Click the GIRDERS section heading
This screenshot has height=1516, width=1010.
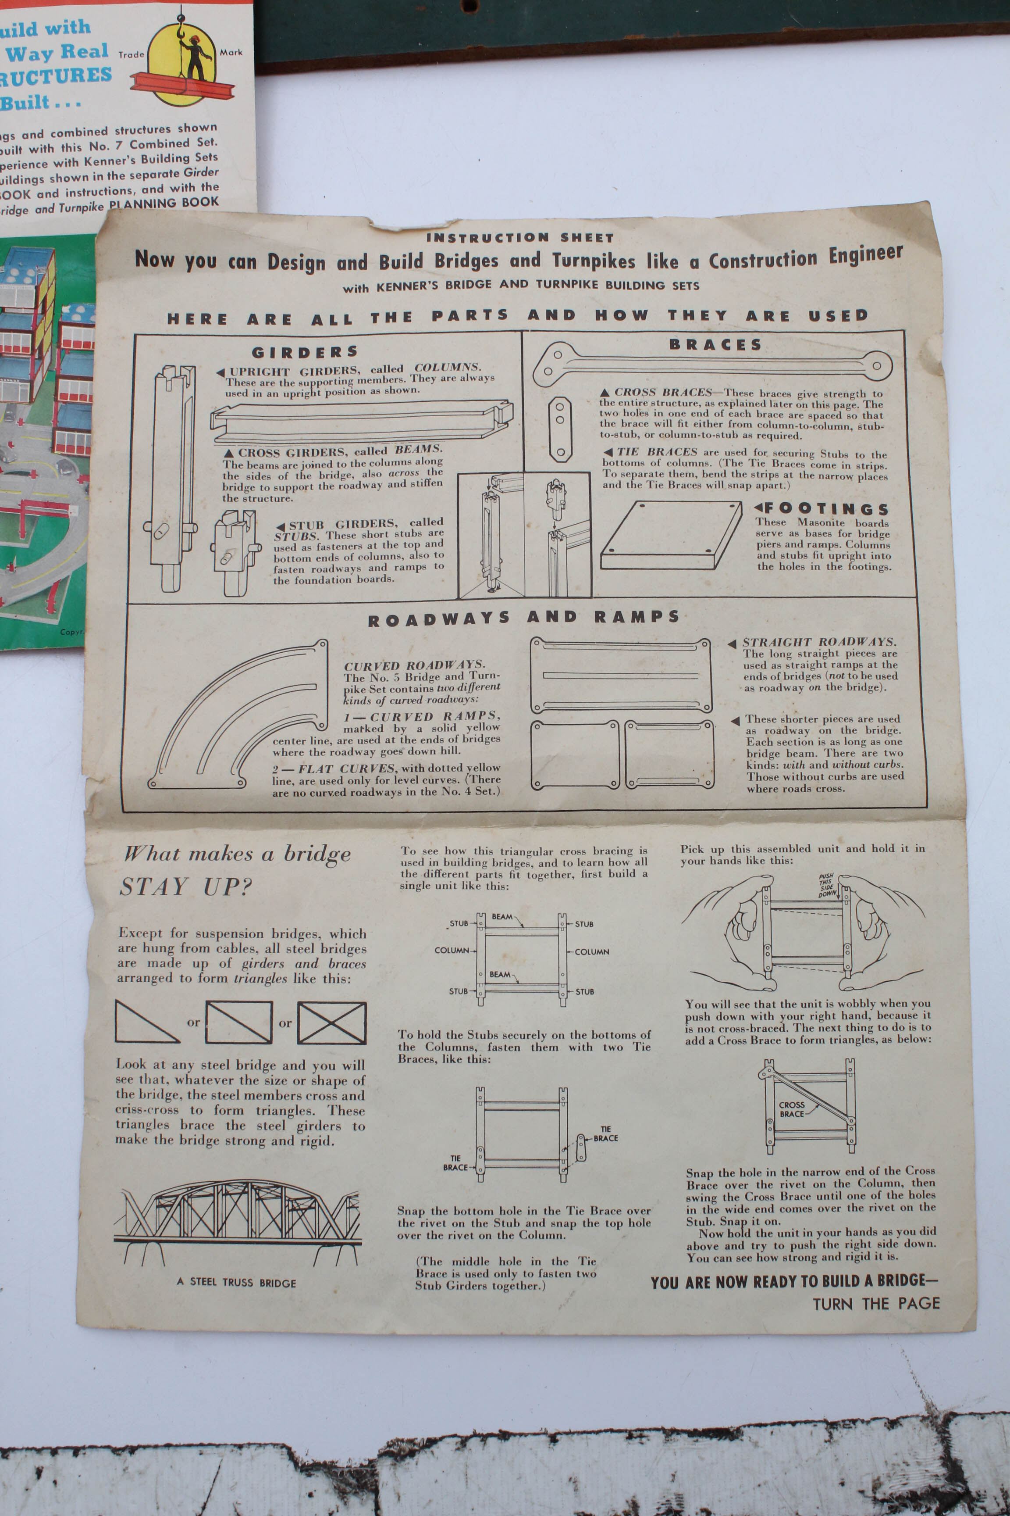point(305,352)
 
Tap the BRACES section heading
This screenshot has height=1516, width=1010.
point(715,345)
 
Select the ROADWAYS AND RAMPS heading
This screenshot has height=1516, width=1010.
point(523,618)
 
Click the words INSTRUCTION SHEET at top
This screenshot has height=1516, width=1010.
point(520,237)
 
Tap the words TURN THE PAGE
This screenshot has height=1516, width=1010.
point(875,1303)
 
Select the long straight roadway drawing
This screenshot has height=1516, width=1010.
point(620,675)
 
